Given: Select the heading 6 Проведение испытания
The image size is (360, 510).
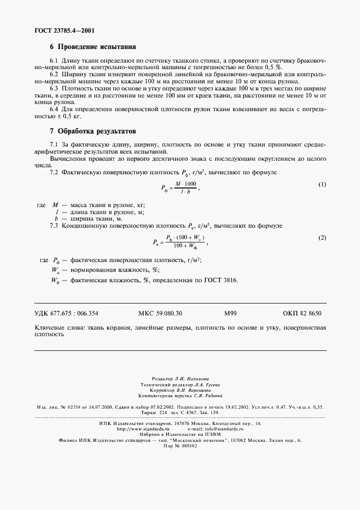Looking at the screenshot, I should pos(92,47).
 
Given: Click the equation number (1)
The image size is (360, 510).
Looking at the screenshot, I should pos(322,185).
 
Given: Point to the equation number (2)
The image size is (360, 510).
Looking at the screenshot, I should pos(322,238).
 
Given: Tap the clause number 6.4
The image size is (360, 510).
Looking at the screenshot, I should pos(54,109).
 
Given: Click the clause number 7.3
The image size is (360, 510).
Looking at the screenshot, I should pos(54,225).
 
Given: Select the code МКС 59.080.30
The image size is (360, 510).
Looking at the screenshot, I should pos(157,314).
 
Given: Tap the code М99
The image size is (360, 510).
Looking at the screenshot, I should pos(230,314).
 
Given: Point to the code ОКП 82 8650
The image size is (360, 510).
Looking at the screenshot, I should pos(302,314).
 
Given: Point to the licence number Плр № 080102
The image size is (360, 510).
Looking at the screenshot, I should pos(179,445).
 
